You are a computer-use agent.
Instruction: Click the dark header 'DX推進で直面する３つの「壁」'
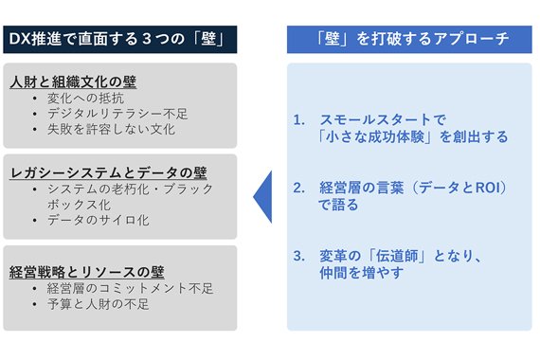pyautogui.click(x=119, y=40)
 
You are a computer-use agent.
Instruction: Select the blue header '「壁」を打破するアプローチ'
pyautogui.click(x=410, y=40)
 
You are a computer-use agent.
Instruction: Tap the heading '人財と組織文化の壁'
pyautogui.click(x=73, y=82)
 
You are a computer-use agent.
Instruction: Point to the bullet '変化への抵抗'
pyautogui.click(x=91, y=99)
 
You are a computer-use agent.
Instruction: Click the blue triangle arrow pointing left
pyautogui.click(x=262, y=196)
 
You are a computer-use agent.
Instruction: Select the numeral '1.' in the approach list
pyautogui.click(x=299, y=120)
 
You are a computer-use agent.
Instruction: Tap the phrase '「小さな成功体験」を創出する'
pyautogui.click(x=414, y=136)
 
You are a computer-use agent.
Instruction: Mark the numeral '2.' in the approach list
pyautogui.click(x=299, y=188)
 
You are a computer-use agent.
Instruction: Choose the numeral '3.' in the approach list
pyautogui.click(x=299, y=256)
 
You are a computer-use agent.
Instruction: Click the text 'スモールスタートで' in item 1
pyautogui.click(x=382, y=120)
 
